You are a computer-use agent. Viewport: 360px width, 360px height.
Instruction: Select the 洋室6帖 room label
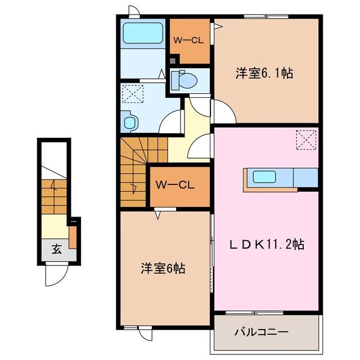163,268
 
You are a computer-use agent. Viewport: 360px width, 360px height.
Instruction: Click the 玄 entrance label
57,250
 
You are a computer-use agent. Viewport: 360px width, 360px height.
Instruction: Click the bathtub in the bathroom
142,34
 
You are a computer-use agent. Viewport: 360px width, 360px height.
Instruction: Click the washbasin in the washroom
130,121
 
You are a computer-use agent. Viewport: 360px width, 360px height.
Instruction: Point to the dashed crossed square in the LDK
307,139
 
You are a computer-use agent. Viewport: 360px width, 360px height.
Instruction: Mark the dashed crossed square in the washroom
133,93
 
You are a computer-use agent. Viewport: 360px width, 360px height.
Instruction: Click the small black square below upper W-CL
173,60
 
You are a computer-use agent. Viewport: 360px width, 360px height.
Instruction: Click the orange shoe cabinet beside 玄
72,237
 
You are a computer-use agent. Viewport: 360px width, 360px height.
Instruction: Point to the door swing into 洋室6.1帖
223,112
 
